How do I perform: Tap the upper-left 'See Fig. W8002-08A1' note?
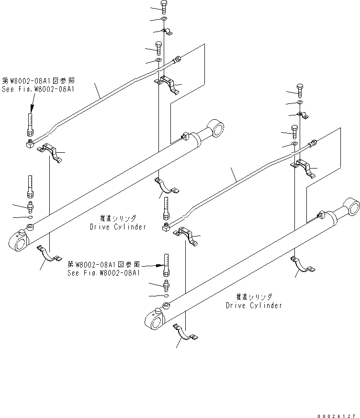tap(41, 89)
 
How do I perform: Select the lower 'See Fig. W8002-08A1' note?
tap(104, 272)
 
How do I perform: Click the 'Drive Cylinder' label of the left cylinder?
tap(118, 226)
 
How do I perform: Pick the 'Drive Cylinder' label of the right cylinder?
tap(253, 305)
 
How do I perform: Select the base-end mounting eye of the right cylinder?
tap(156, 321)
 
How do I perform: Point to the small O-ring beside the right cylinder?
tap(167, 296)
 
